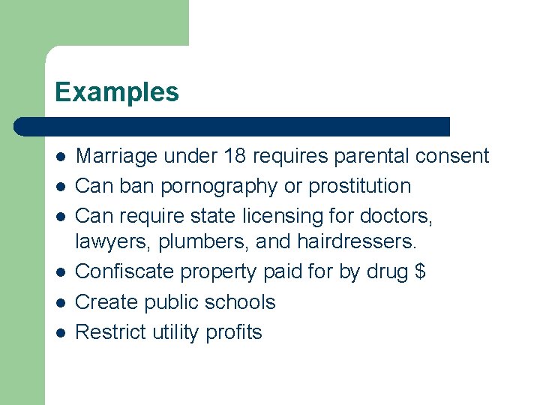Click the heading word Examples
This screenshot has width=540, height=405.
pos(116,92)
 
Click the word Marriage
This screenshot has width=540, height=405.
pos(117,156)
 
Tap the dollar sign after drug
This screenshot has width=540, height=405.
pos(420,272)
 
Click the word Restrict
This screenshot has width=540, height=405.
pos(111,331)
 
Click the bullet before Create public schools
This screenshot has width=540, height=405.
pos(61,303)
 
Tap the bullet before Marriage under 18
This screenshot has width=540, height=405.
pos(61,157)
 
